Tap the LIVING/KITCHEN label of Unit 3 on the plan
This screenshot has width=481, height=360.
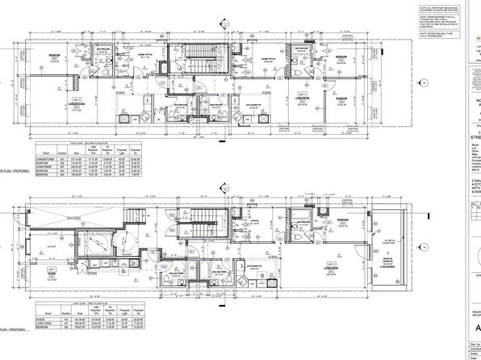[x=55, y=103]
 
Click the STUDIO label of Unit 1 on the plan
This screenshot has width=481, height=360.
[x=55, y=273]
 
